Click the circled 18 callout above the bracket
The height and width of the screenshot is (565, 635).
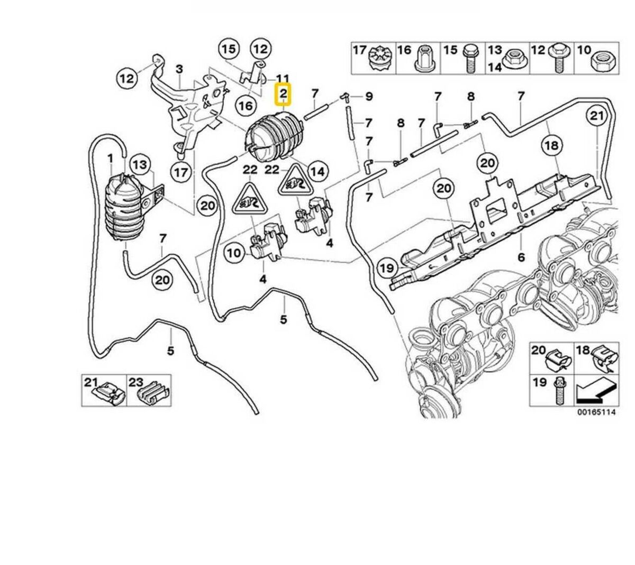[x=551, y=145]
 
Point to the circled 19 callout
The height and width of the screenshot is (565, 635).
[x=387, y=268]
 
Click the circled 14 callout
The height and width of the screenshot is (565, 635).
[x=317, y=171]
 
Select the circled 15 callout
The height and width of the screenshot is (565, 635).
[x=229, y=50]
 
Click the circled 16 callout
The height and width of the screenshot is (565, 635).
[x=245, y=106]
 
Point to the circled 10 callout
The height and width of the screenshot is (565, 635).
[x=234, y=253]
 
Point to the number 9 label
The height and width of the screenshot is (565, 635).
[x=369, y=97]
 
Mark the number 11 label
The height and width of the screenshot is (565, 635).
[x=283, y=77]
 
